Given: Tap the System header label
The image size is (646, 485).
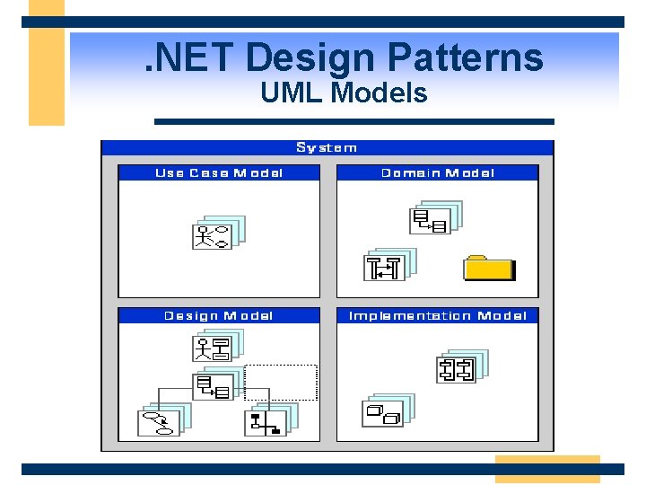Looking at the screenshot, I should [x=327, y=147].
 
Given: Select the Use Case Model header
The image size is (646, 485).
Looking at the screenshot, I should [x=218, y=172].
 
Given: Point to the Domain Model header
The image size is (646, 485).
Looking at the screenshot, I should [x=437, y=172].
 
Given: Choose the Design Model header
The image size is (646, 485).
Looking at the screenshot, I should [x=218, y=315].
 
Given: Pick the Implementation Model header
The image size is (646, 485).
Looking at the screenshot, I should [x=437, y=315].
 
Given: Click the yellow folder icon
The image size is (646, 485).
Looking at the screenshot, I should [x=489, y=268].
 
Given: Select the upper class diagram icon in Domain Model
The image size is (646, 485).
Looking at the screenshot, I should [x=432, y=219].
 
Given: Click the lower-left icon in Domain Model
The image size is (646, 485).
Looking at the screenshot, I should [x=384, y=267].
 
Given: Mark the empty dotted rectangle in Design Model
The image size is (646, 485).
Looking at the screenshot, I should [x=281, y=382].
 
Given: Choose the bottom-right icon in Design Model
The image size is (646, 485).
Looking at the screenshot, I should [x=266, y=420].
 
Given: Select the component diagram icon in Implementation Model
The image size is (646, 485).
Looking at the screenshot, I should [x=458, y=368].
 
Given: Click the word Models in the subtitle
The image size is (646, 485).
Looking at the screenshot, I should [x=380, y=93].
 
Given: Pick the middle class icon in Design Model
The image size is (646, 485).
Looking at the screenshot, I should [x=214, y=386].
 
